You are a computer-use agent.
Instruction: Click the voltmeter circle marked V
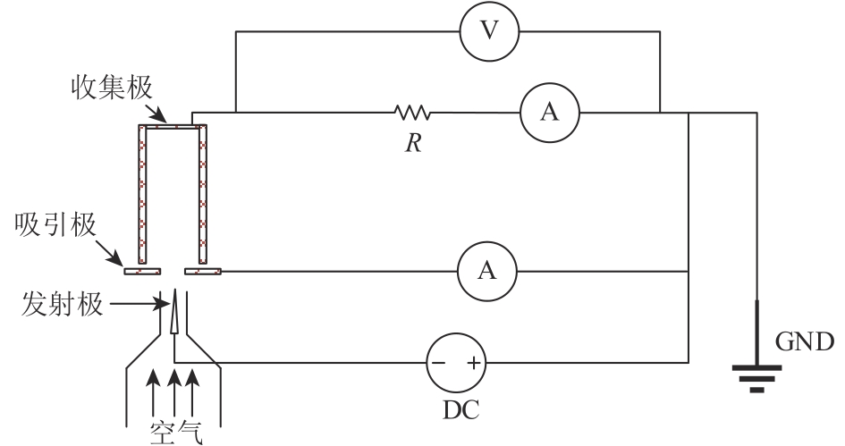(x=487, y=32)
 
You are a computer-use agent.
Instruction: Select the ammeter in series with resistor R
(x=550, y=112)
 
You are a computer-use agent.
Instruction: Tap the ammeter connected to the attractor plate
(x=486, y=271)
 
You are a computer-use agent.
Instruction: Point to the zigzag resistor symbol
(x=412, y=113)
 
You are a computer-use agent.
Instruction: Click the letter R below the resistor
(x=412, y=143)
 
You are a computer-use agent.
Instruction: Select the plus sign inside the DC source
(x=472, y=364)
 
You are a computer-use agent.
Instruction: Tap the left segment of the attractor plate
(x=141, y=271)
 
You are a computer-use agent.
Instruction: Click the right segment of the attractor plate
(x=202, y=271)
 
